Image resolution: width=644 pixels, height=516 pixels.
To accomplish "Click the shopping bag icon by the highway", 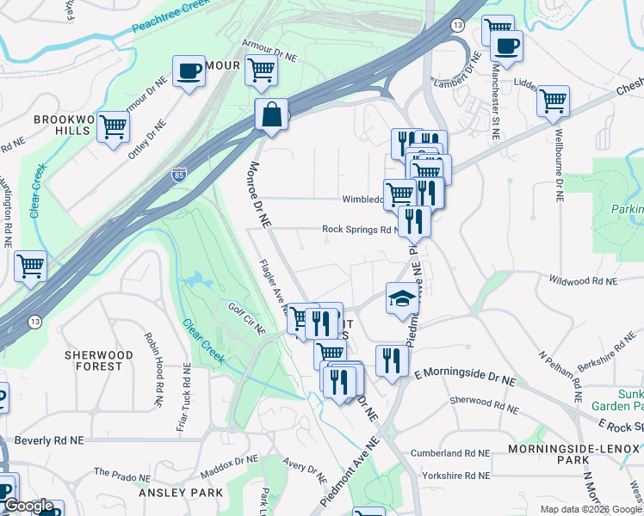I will pyautogui.click(x=271, y=115).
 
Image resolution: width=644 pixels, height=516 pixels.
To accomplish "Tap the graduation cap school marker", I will pyautogui.click(x=401, y=298).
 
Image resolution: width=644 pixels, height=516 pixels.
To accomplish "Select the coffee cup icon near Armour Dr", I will pyautogui.click(x=189, y=71).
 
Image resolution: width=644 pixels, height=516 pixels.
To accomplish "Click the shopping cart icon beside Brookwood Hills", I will pyautogui.click(x=113, y=127).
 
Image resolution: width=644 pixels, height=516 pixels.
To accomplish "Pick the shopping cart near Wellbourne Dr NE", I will pyautogui.click(x=553, y=101).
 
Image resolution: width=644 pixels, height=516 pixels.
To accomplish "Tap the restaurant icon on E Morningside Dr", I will pyautogui.click(x=391, y=360).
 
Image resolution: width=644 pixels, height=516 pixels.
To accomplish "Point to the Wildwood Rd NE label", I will pyautogui.click(x=584, y=281).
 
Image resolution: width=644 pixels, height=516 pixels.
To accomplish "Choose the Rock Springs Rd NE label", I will pyautogui.click(x=360, y=230).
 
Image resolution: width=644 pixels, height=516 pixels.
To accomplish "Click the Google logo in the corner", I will pyautogui.click(x=28, y=506).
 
